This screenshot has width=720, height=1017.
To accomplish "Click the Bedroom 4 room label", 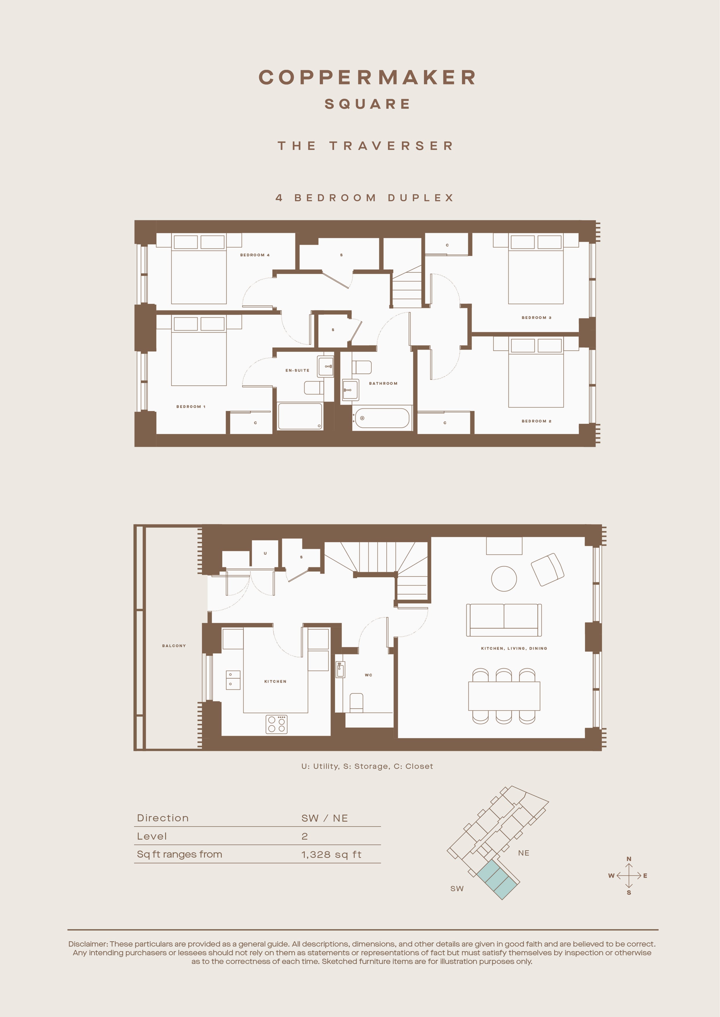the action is (x=255, y=255).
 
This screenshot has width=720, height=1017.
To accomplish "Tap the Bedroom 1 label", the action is (x=191, y=407).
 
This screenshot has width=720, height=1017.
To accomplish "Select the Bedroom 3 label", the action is (x=537, y=317).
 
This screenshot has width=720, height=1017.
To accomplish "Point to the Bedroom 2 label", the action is (x=537, y=421).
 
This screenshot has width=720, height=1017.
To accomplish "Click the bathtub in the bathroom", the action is (x=382, y=418).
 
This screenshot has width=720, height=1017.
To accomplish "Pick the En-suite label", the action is (x=297, y=370).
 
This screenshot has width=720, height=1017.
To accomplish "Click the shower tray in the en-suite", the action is (x=300, y=416).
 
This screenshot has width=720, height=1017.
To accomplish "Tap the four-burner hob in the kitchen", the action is (x=277, y=724).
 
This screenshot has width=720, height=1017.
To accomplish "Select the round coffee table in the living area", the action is (x=504, y=578).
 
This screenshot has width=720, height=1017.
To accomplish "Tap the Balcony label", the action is (x=174, y=646).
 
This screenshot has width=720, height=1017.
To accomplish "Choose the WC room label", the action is (x=369, y=675).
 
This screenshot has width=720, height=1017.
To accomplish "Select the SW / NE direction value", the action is (x=324, y=818).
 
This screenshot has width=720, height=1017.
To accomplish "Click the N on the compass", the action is (x=629, y=859).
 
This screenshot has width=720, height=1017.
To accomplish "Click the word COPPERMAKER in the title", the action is (x=367, y=77).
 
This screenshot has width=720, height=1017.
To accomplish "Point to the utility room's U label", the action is (x=265, y=553).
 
